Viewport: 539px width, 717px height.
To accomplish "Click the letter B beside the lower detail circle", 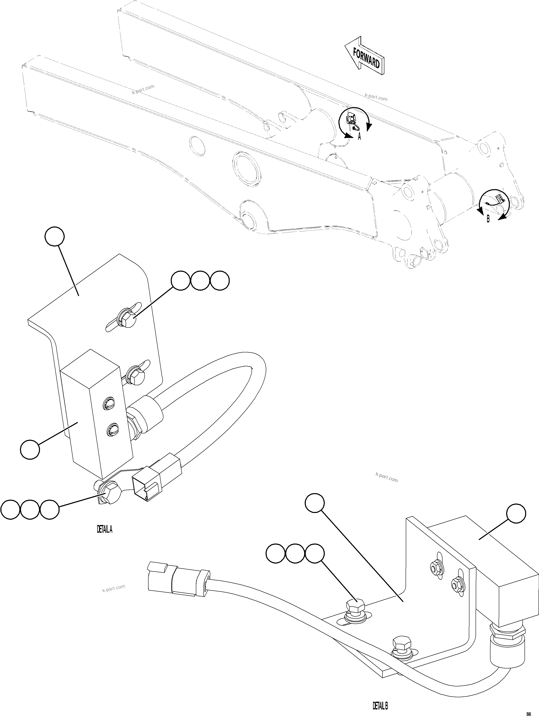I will coord(488,219).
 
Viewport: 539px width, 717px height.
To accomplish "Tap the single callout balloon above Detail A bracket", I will coord(54,236).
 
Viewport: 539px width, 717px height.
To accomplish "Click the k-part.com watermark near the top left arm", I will coord(143,89).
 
